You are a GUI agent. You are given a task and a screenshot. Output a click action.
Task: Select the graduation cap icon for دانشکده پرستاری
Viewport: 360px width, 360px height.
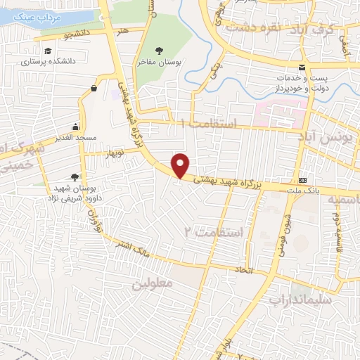(x=47, y=51)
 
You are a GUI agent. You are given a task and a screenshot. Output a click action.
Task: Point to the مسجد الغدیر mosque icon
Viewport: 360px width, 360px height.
(x=75, y=127)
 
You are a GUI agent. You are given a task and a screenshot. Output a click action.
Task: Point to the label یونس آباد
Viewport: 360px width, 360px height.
(x=333, y=136)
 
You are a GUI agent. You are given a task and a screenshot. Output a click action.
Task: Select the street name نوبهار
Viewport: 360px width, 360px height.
(x=113, y=153)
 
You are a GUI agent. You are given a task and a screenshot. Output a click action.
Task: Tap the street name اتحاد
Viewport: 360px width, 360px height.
(x=242, y=269)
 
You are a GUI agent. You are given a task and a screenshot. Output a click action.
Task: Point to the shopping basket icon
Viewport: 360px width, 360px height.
(x=94, y=89)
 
